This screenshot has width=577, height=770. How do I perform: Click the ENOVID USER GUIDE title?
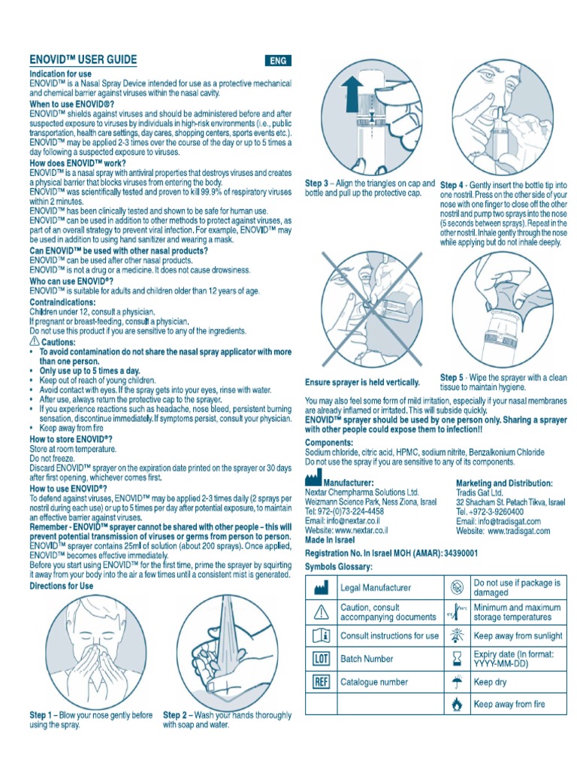pyautogui.click(x=83, y=59)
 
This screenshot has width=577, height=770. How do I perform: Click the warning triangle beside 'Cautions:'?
pyautogui.click(x=34, y=341)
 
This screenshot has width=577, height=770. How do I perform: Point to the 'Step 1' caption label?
pyautogui.click(x=41, y=714)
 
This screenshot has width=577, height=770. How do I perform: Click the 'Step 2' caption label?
pyautogui.click(x=175, y=714)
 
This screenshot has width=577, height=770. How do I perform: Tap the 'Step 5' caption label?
pyautogui.click(x=452, y=377)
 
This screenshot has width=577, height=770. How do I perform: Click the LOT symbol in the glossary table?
pyautogui.click(x=321, y=659)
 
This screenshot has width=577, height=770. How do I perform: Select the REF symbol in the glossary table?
pyautogui.click(x=321, y=682)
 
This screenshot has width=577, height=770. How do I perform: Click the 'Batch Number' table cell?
pyautogui.click(x=367, y=659)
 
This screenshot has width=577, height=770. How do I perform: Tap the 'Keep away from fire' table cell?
pyautogui.click(x=509, y=705)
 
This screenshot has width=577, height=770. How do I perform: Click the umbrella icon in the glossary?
pyautogui.click(x=455, y=682)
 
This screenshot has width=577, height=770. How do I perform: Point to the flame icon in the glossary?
pyautogui.click(x=455, y=705)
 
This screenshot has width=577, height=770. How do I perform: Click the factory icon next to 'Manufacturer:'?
pyautogui.click(x=313, y=480)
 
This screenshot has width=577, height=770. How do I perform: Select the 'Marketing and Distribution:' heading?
pyautogui.click(x=504, y=483)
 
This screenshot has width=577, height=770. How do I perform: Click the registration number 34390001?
pyautogui.click(x=452, y=553)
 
